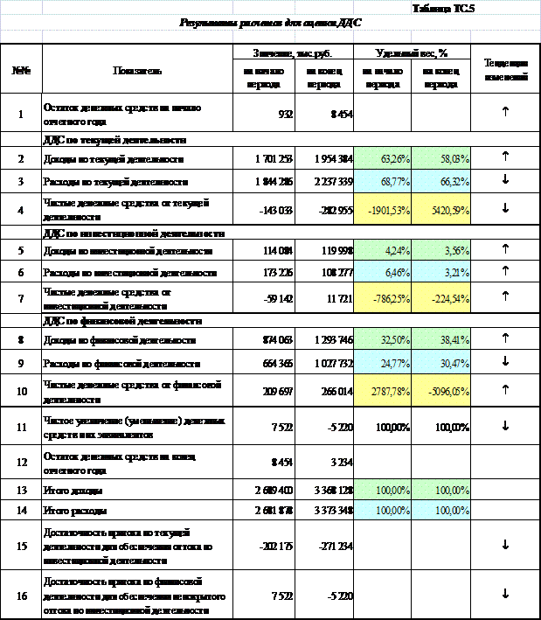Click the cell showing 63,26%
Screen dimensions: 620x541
point(382,160)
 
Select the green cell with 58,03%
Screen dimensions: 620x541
point(440,160)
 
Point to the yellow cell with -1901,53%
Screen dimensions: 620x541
point(382,210)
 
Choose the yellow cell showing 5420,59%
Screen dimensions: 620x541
point(440,210)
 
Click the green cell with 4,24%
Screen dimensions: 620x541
point(382,251)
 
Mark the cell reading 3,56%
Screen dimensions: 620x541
point(440,251)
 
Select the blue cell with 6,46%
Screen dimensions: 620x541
point(382,273)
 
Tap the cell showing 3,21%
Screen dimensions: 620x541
point(440,273)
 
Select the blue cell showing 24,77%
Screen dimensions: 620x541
point(382,363)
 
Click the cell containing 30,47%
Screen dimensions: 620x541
point(440,363)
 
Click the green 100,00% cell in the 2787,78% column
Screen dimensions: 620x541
point(382,490)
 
